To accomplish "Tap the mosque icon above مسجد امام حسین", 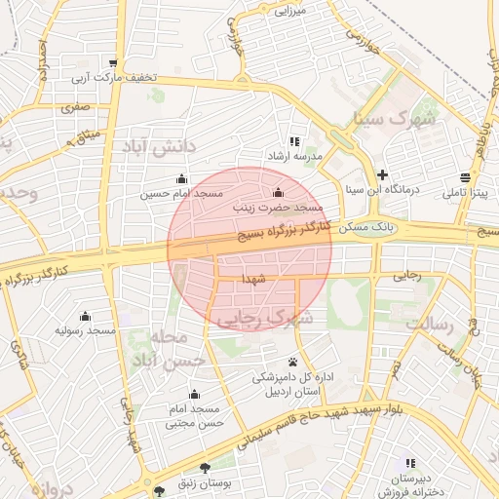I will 181,178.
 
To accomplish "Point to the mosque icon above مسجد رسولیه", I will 85,316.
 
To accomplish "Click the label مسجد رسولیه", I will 85,331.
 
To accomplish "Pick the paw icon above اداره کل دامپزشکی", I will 292,361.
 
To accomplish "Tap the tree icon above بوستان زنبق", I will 204,469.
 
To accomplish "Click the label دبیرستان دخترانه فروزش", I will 410,486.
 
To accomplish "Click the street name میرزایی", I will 290,11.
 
